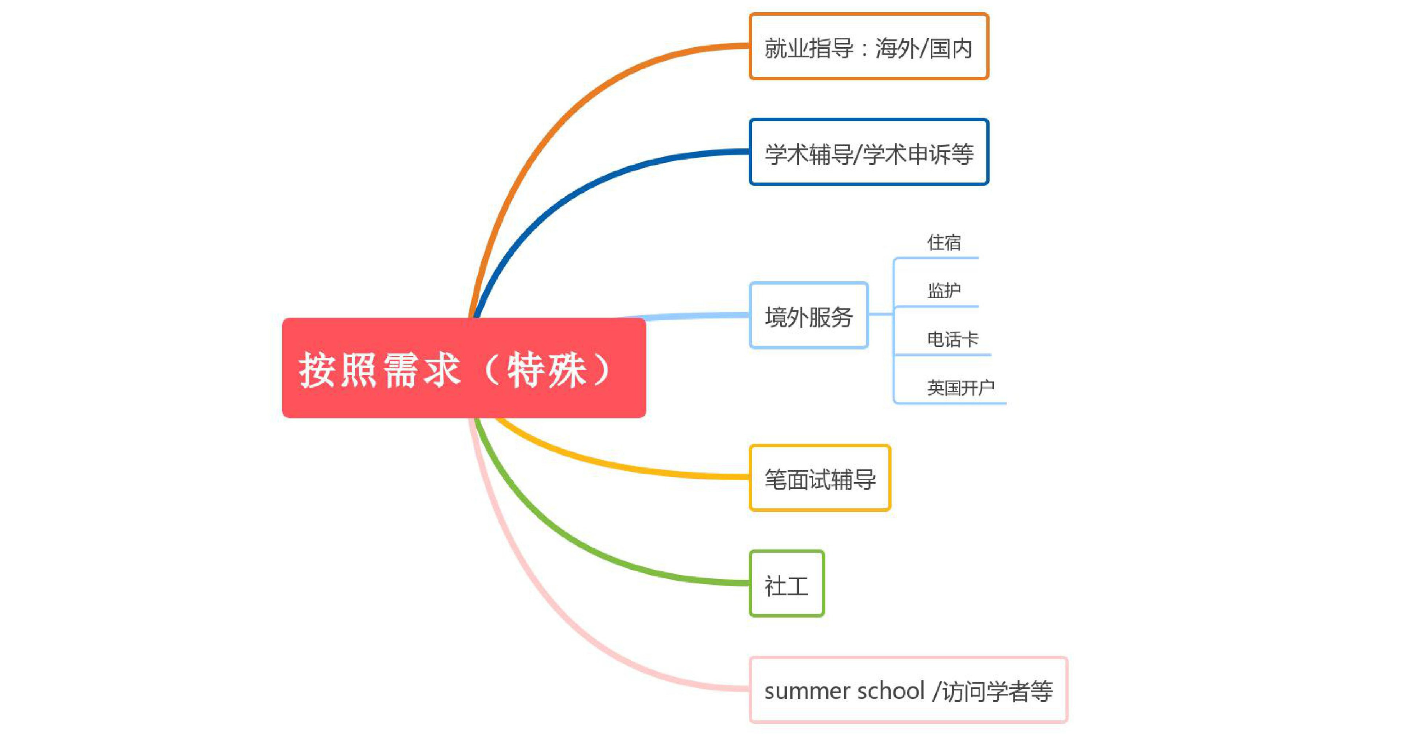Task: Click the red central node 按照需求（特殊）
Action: [464, 368]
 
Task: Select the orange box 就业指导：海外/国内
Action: [869, 46]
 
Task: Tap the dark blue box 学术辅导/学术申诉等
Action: [869, 152]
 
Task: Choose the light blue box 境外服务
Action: [809, 315]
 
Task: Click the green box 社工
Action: [787, 583]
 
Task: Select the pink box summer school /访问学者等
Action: [908, 689]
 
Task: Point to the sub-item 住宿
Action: [944, 242]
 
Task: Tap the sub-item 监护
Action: [944, 290]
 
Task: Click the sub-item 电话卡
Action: [952, 339]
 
